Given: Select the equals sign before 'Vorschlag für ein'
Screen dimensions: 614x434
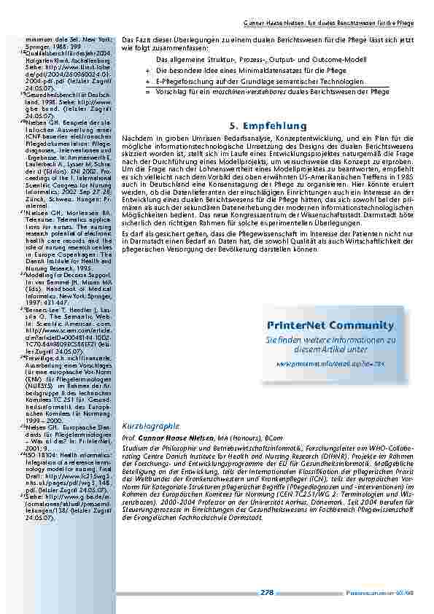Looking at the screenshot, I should (x=147, y=93).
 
